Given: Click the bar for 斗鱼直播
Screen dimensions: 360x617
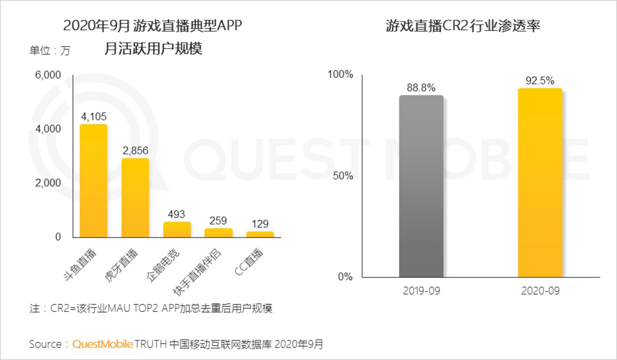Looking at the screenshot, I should click(93, 181).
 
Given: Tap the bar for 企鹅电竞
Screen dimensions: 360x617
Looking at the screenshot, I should click(177, 229).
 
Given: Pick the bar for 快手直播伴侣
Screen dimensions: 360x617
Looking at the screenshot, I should click(218, 232).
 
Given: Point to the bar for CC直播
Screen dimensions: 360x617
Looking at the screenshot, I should click(260, 234).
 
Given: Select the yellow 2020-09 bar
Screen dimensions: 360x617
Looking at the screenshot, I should click(540, 183).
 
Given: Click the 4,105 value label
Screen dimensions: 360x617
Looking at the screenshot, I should click(93, 116).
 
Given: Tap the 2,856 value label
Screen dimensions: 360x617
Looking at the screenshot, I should click(135, 150).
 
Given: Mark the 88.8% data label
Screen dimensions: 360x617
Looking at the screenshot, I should click(421, 87).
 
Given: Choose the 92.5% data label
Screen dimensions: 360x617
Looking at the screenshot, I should click(540, 81).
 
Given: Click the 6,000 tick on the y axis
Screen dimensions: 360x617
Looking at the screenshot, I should click(48, 75).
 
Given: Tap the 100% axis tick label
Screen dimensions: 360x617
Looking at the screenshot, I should click(340, 75).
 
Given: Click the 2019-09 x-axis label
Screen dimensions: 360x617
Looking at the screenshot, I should click(421, 291).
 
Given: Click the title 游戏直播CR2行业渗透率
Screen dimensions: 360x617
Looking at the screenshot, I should click(463, 26).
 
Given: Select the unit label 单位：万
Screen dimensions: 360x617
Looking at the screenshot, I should click(50, 50).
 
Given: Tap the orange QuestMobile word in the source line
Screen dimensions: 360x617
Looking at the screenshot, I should click(102, 344).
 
